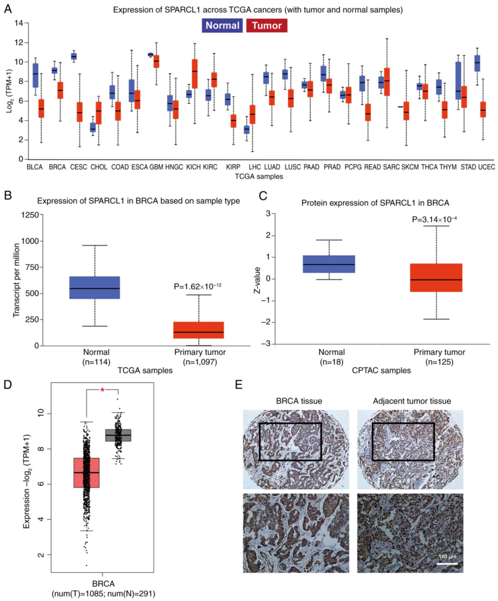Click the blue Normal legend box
pos(222,25)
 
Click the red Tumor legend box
pos(266,25)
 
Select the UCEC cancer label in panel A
pos(486,167)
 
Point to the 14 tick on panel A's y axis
pos(19,23)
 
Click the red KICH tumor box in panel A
pos(195,74)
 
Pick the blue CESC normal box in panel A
pos(74,56)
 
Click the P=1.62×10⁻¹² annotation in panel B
pos(198,287)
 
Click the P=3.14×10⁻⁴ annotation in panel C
pos(434,220)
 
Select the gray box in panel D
pos(118,435)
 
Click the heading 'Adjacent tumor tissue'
pos(411,401)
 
